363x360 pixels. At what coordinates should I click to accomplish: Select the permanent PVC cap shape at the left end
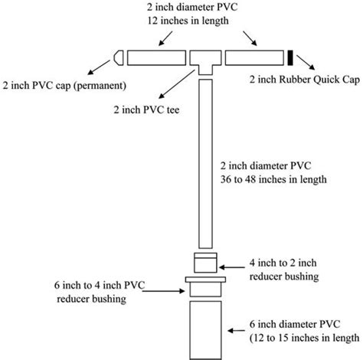click(119, 57)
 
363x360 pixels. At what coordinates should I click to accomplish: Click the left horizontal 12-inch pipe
click(155, 57)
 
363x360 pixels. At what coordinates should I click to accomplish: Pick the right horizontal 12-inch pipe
click(255, 57)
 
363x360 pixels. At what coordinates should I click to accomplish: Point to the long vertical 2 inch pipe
click(204, 161)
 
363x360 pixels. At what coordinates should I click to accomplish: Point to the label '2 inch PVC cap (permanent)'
click(64, 83)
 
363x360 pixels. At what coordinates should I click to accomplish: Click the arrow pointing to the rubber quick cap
click(305, 65)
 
